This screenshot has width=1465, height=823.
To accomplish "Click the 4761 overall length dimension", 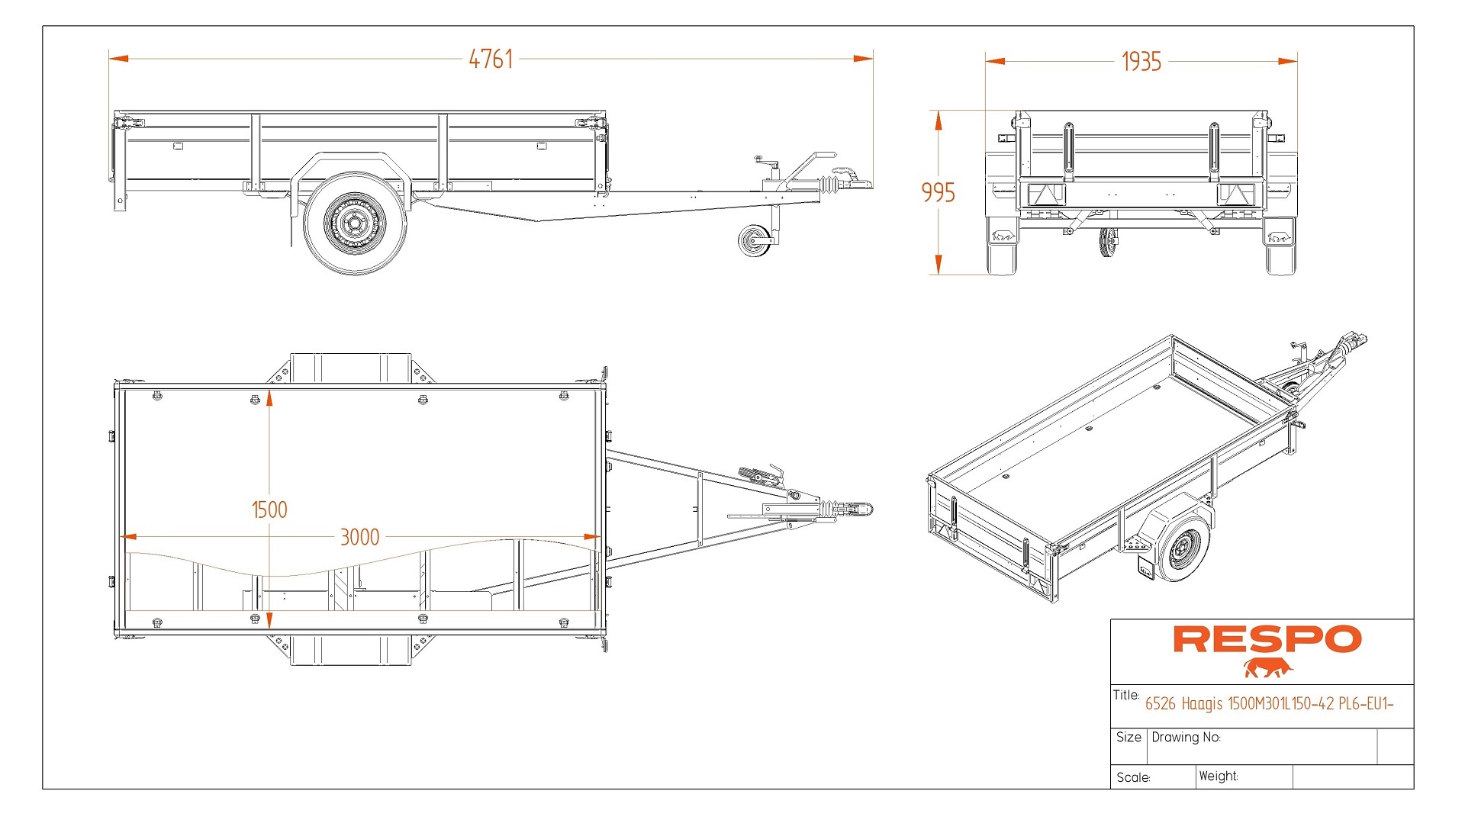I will pyautogui.click(x=491, y=59).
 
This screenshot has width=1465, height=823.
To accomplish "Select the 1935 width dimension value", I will pyautogui.click(x=1141, y=62).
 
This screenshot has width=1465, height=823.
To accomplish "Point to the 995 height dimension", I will pyautogui.click(x=938, y=192).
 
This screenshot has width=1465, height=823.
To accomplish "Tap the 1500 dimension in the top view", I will pyautogui.click(x=269, y=510).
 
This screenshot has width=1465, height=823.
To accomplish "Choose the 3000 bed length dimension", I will pyautogui.click(x=359, y=537).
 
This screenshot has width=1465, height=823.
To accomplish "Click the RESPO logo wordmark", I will pyautogui.click(x=1267, y=639).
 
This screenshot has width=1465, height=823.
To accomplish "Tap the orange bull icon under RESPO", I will pyautogui.click(x=1267, y=669).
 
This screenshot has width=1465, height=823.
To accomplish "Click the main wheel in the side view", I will pyautogui.click(x=355, y=223).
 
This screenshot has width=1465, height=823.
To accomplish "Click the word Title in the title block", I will pyautogui.click(x=1125, y=695).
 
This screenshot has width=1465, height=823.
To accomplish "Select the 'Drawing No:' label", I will pyautogui.click(x=1186, y=738).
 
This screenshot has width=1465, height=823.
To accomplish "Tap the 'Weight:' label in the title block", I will pyautogui.click(x=1219, y=776).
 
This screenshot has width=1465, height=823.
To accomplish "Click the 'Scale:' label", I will pyautogui.click(x=1133, y=777).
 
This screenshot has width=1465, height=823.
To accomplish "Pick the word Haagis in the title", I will pyautogui.click(x=1202, y=704).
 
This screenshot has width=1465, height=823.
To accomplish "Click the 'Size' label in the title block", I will pyautogui.click(x=1129, y=737).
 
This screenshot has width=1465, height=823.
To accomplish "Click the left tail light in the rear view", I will pyautogui.click(x=1045, y=194).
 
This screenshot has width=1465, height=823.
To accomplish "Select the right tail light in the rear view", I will pyautogui.click(x=1235, y=194).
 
